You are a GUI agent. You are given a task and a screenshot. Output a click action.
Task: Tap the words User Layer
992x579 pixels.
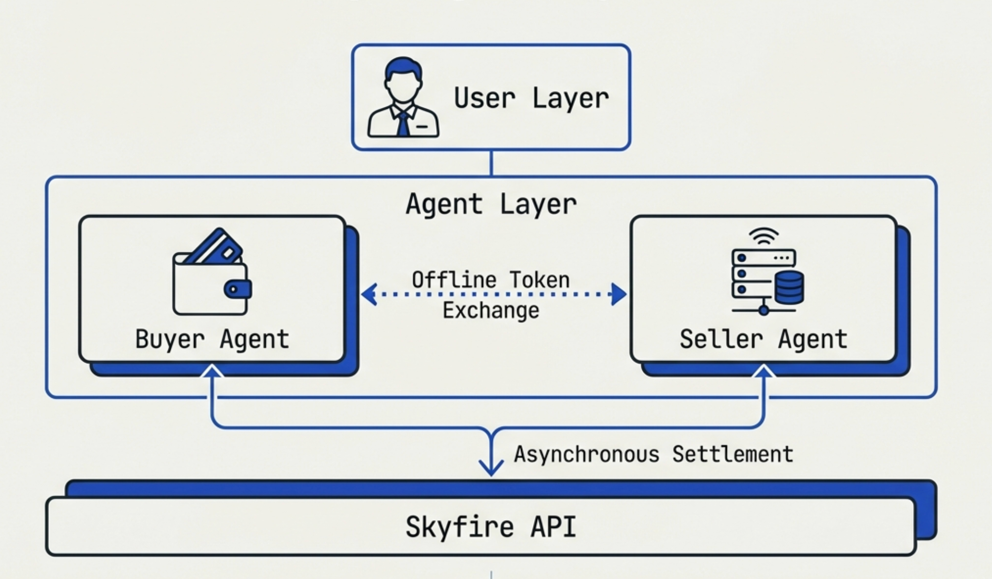[531, 98]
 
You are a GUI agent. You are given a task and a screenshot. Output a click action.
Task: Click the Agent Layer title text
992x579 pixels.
[491, 204]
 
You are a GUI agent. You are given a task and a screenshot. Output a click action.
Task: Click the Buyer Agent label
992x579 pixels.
[212, 339]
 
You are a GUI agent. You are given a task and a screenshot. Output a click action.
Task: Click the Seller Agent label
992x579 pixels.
[763, 339]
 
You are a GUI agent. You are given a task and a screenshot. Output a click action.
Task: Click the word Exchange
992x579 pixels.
[491, 311]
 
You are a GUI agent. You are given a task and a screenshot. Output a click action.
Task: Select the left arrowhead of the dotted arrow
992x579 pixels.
[369, 295]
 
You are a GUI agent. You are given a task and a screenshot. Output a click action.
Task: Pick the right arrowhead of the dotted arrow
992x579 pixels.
[618, 295]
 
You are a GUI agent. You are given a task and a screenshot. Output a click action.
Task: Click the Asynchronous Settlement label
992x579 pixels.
[653, 454]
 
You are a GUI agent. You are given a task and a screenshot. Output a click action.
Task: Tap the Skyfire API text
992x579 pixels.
[491, 526]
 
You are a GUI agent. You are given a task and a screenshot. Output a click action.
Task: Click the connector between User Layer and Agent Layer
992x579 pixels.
[491, 163]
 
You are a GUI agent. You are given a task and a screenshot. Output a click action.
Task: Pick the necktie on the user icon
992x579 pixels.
[403, 124]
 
